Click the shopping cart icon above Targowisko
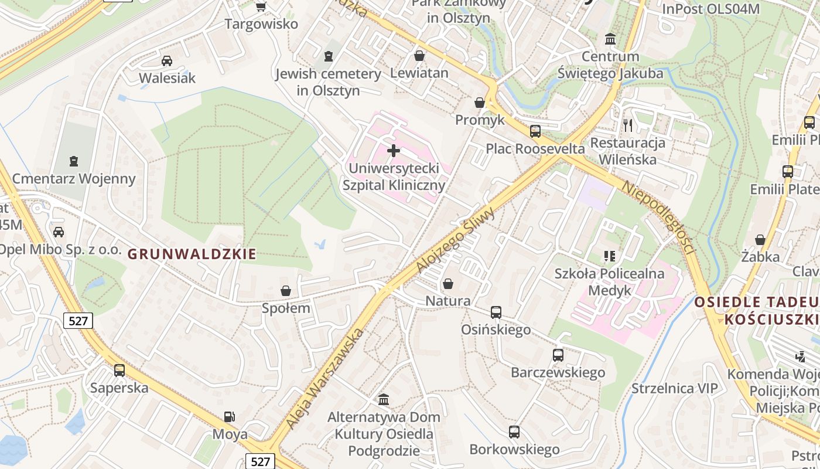coord(261,7)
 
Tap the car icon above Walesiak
coord(167,60)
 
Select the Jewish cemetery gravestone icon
coord(328,57)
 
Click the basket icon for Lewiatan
coord(419,56)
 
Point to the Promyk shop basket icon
coord(480,103)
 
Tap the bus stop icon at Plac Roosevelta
coord(535,131)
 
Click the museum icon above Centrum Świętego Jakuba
coord(610,39)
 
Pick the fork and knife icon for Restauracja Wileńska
coord(628,125)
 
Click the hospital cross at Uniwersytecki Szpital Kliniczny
coord(394,151)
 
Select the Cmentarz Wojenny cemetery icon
coord(74,161)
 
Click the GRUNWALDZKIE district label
coord(192,254)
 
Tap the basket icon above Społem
coord(286,290)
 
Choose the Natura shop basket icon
coord(448,284)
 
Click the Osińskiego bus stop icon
coord(496,312)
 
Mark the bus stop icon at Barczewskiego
coord(558,355)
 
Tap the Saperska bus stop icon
coord(119,370)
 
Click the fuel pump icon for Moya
coord(230,417)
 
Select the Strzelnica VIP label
coord(675,388)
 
